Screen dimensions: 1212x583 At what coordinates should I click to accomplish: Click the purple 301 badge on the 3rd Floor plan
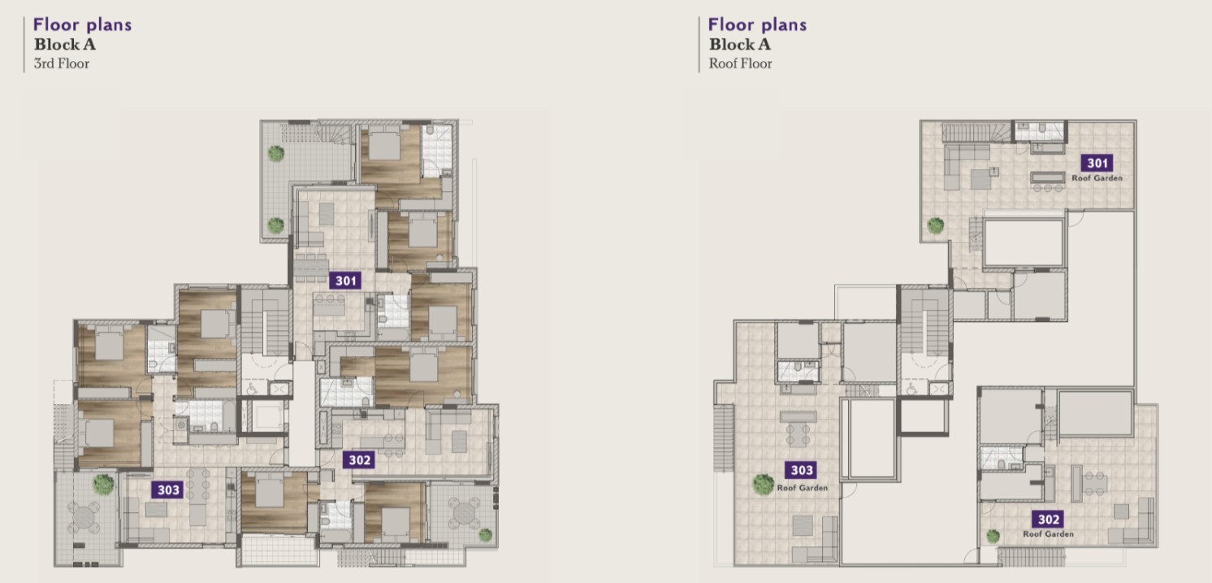coord(345,281)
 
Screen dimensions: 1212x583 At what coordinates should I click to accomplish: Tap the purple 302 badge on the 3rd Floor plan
coord(359,460)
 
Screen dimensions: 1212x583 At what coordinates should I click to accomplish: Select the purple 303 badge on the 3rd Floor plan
coord(167,490)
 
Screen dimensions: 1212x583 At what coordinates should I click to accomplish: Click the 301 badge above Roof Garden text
coord(1097,163)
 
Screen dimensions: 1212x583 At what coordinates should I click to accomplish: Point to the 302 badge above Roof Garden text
coord(1048,520)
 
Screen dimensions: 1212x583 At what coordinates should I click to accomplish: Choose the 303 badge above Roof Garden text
coord(801,470)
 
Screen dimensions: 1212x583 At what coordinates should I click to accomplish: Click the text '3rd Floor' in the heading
coord(62,64)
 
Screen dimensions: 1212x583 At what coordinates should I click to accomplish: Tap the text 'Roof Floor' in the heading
coord(740,64)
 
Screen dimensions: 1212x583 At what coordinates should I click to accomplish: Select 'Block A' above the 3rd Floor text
coord(65,45)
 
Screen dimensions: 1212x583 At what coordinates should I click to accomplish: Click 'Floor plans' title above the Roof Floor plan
coord(757,25)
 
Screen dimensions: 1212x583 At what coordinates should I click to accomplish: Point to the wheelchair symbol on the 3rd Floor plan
coord(252,389)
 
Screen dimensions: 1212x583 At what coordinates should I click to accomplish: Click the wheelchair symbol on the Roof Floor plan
coord(911,389)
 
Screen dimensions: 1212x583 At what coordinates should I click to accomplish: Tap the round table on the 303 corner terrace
coord(83,517)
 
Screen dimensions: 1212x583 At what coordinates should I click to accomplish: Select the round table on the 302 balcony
coord(464,513)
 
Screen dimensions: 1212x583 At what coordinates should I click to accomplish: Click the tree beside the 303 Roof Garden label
coord(763,485)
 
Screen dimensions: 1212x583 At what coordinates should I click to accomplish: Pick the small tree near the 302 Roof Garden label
coord(993,537)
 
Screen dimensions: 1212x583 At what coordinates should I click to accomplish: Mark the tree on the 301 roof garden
coord(936,225)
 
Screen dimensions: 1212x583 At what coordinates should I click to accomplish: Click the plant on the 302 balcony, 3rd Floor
coord(485,535)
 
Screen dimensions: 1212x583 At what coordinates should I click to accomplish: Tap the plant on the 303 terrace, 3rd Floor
coord(103,484)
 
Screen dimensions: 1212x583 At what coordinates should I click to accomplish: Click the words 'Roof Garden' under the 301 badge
coord(1097,178)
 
